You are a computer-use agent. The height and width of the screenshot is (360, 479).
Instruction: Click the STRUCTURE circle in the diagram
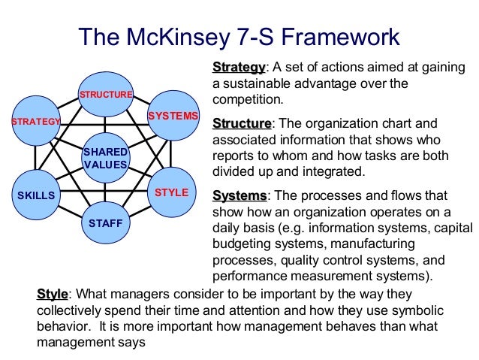106,94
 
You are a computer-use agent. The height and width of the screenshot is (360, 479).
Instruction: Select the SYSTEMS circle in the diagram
173,116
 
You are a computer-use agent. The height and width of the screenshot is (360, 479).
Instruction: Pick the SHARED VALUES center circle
106,159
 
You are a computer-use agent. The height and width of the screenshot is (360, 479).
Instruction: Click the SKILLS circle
36,195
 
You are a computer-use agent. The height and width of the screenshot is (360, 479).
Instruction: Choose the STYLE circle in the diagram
171,193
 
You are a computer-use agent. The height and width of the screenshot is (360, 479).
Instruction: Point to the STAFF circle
106,223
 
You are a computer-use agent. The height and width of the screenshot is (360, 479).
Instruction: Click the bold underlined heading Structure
242,123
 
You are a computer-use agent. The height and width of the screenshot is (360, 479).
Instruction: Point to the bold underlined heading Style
52,294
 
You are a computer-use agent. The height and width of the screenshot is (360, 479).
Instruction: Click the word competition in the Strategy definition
247,99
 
